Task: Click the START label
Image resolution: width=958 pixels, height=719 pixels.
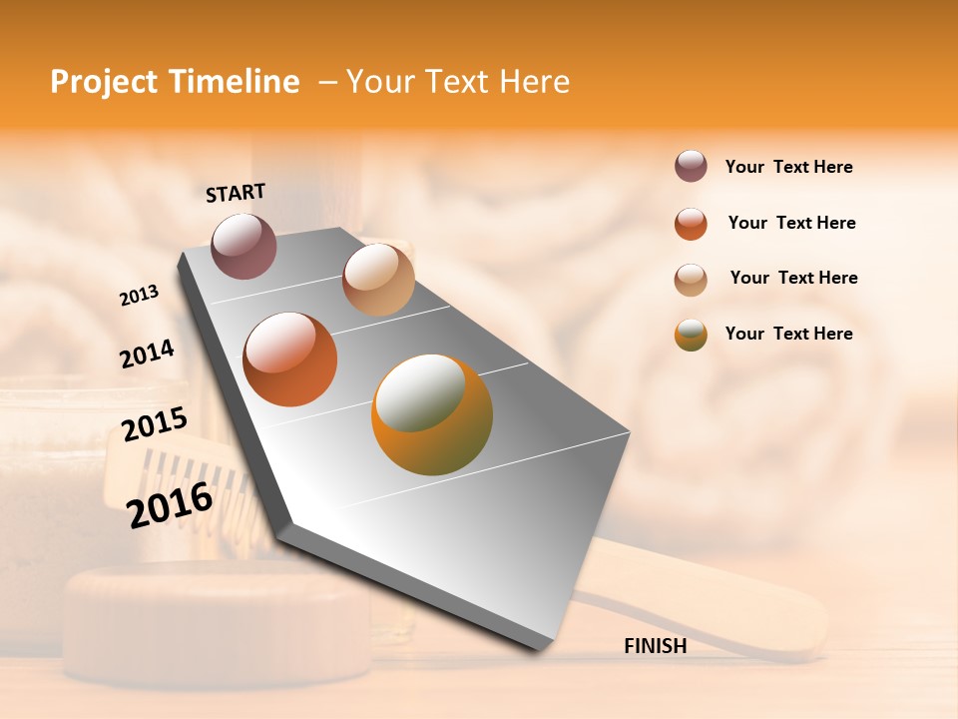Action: click(236, 193)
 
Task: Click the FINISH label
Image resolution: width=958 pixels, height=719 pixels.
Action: click(655, 646)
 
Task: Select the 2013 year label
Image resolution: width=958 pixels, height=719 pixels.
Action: click(139, 296)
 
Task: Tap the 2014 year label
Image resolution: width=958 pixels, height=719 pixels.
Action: click(147, 354)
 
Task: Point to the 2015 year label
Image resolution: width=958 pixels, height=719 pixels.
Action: click(155, 424)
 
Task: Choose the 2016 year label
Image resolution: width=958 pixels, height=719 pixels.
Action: click(170, 504)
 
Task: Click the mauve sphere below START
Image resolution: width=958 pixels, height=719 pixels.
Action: click(243, 246)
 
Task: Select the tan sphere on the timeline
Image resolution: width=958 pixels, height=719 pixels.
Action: click(378, 280)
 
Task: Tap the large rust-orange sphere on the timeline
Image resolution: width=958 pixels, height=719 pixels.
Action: click(290, 359)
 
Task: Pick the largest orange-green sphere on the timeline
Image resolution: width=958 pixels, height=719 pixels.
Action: click(432, 414)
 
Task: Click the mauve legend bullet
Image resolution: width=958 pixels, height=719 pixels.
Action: click(691, 166)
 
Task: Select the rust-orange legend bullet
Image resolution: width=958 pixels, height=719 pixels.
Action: click(691, 223)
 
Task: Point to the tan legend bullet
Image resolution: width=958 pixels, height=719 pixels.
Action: click(691, 280)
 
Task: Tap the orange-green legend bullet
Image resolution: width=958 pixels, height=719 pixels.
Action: click(691, 335)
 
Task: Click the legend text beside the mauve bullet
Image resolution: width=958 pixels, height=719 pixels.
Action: click(788, 167)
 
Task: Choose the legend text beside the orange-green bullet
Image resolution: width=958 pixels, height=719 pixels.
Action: click(788, 334)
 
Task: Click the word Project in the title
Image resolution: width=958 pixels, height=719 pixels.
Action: click(104, 82)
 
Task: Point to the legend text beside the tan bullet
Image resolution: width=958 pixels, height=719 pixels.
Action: click(793, 278)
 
